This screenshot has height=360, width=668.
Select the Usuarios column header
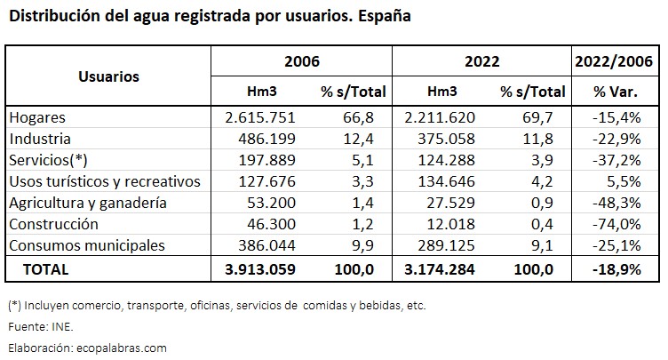coord(108,76)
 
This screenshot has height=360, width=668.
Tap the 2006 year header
coord(301,62)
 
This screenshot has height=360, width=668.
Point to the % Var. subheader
coord(616,92)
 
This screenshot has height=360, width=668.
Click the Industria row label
coord(39,139)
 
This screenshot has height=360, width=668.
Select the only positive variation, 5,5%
coord(625,181)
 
